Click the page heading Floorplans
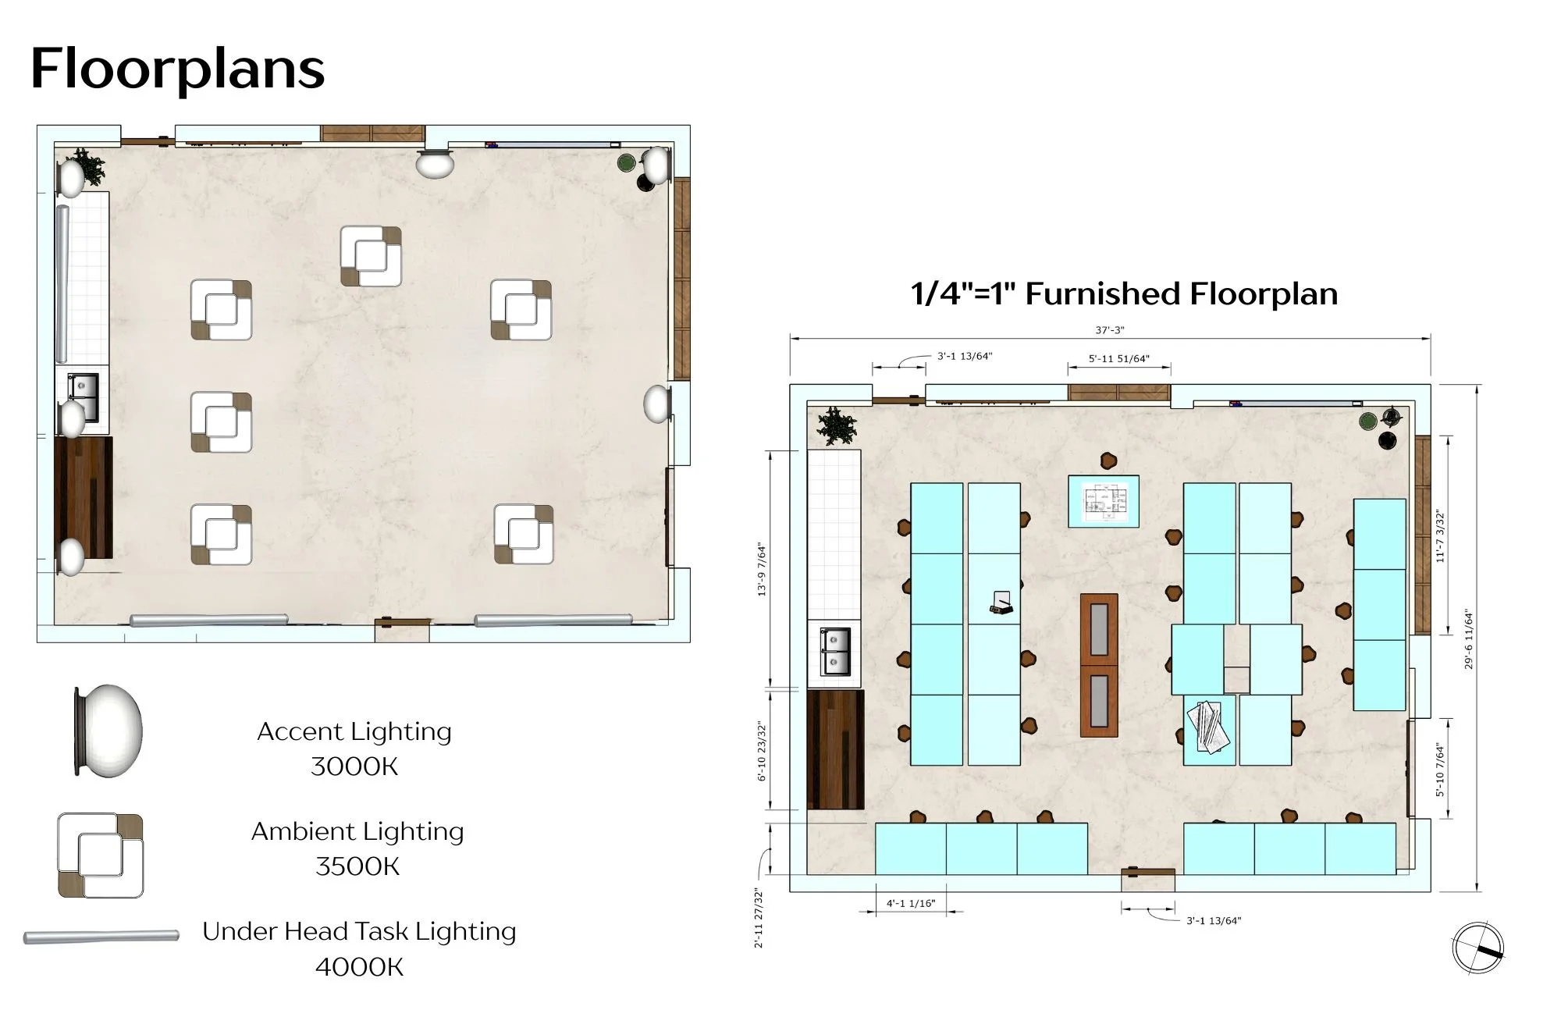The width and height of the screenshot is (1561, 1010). [177, 69]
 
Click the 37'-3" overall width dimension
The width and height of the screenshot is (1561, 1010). [1109, 330]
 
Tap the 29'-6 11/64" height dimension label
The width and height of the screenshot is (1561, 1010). [1469, 639]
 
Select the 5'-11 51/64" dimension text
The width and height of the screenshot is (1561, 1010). [1118, 359]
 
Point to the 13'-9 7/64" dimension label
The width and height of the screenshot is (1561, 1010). [762, 570]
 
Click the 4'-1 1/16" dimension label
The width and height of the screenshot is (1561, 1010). [910, 903]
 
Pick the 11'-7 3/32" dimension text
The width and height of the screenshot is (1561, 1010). [1440, 536]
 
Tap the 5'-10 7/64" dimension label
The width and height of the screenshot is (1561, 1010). [1440, 770]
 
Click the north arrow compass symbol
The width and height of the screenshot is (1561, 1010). [1477, 948]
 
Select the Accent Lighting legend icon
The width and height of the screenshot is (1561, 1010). [108, 731]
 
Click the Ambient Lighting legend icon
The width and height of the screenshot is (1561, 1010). [101, 855]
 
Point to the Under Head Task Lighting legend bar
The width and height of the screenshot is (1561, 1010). [101, 936]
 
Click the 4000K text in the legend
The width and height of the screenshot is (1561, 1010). [359, 967]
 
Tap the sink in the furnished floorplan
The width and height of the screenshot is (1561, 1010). [834, 652]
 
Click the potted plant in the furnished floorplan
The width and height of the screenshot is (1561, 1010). [837, 426]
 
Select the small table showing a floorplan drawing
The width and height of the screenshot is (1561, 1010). [1104, 501]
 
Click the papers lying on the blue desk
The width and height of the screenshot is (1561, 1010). [1208, 727]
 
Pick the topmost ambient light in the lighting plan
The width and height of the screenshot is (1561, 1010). [372, 256]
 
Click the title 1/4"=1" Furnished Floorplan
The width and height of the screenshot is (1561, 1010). [1124, 294]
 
